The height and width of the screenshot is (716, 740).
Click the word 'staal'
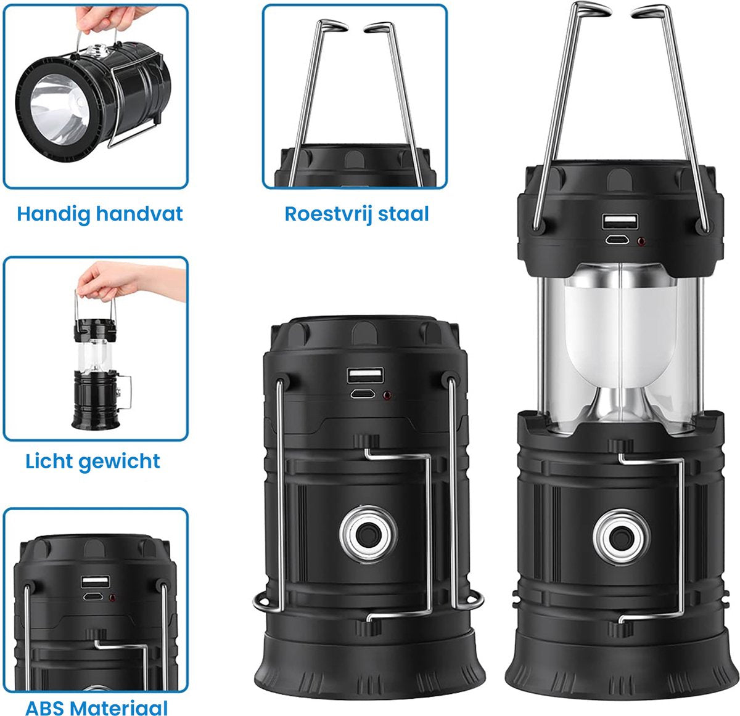[x=403, y=214]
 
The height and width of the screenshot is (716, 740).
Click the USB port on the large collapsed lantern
[x=364, y=375]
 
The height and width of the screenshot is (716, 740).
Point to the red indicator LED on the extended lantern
[x=642, y=242]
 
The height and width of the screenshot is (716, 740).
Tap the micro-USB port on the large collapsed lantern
[x=364, y=394]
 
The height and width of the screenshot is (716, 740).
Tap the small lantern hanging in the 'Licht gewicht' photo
[x=96, y=376]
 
